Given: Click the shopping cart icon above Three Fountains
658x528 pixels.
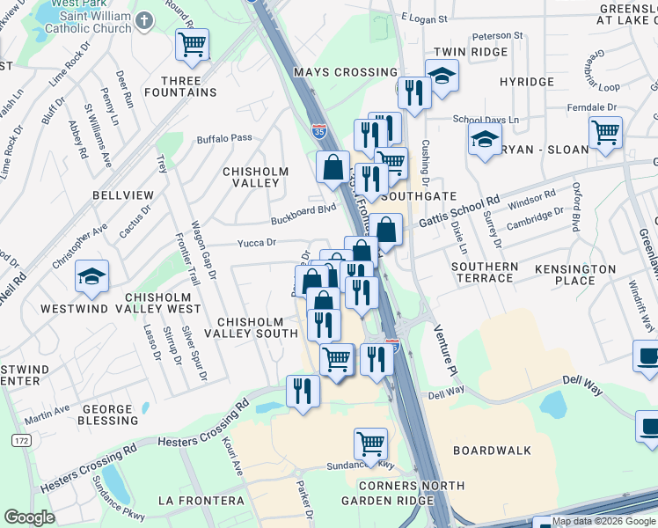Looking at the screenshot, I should coord(193,44).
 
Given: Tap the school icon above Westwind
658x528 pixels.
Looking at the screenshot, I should coord(92,276).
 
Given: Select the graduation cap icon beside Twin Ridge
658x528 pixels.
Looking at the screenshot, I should coord(442,75).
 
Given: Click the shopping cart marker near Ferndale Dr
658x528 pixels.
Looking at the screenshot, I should coord(605,132).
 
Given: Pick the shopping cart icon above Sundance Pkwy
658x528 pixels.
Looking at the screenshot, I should coord(371,444).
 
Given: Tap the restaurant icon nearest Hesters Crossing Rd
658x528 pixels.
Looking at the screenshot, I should coord(303,391).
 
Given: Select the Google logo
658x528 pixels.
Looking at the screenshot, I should coord(30,517).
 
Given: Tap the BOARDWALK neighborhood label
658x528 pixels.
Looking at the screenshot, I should coord(492,450).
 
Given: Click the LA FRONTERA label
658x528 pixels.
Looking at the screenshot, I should coord(201,500).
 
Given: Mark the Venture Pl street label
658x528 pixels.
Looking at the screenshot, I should coord(445,348).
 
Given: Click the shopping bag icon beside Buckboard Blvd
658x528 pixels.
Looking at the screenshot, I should coord(333,165).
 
